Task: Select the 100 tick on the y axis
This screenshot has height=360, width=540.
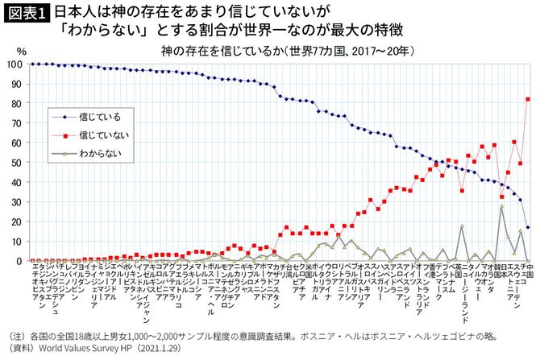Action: click(14, 64)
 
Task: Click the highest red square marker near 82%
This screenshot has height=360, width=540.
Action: click(527, 99)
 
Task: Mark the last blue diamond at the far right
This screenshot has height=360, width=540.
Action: click(527, 227)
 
